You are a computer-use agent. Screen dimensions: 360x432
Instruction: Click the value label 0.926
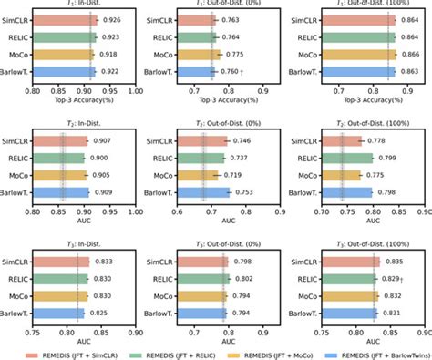112,19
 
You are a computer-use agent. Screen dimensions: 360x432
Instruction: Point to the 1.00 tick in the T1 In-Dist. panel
134,92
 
